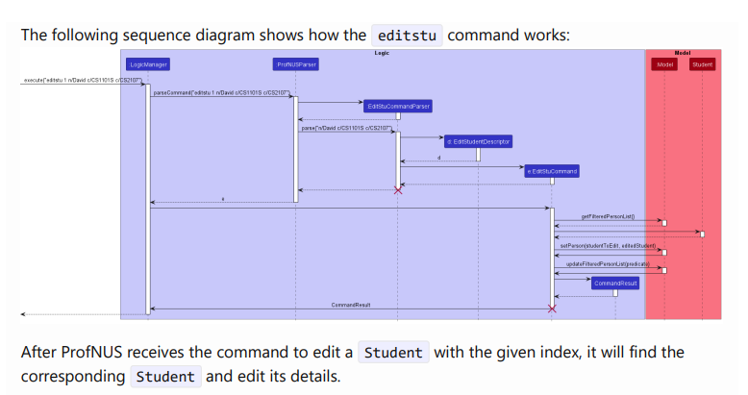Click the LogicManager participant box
point(148,64)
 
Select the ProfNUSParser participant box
point(295,64)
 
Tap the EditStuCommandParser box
point(398,106)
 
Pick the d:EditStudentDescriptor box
point(478,141)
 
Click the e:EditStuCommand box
point(552,171)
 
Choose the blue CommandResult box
point(615,284)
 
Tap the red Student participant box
point(702,64)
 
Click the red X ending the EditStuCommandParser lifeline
point(398,190)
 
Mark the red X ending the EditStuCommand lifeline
point(552,309)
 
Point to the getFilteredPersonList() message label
point(608,217)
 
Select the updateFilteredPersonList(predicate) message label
point(607,263)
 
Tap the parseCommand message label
point(222,92)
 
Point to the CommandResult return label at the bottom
point(351,305)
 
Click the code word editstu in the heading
point(407,37)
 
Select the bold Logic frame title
point(382,53)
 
